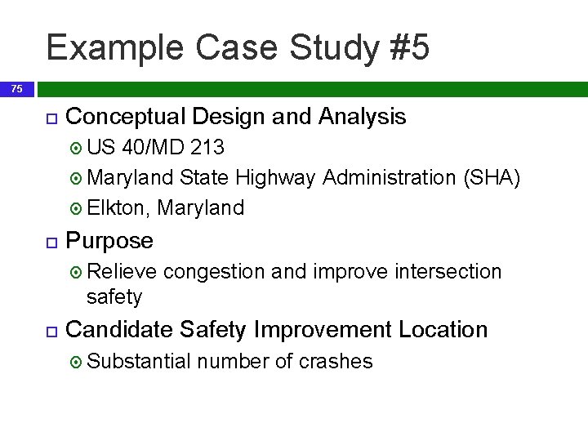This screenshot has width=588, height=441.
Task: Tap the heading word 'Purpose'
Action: coord(109,241)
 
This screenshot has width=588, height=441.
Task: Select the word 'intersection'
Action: coord(448,271)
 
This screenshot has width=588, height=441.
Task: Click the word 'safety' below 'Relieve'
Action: coord(114,296)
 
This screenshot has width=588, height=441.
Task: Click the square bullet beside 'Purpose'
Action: coord(51,242)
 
